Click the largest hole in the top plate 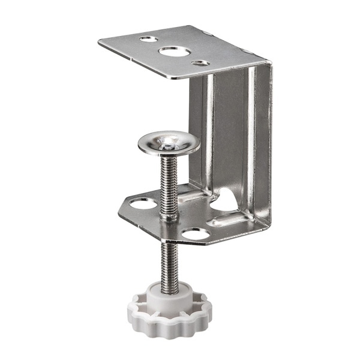[x=172, y=51]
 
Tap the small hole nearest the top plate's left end [x=148, y=39]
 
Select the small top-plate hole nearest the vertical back [x=200, y=62]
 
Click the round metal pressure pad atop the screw [x=169, y=143]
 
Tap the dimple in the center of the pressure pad [x=170, y=143]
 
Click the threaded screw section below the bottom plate [x=169, y=264]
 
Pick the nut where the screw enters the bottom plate [x=169, y=215]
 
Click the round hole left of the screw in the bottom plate [x=140, y=203]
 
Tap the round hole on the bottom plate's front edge [x=196, y=234]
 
